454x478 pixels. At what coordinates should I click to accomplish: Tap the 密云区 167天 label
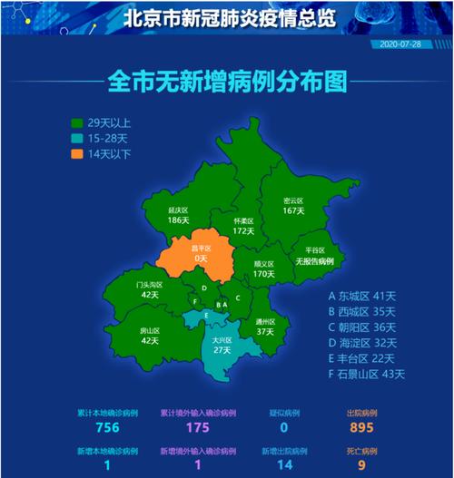[x=292, y=205]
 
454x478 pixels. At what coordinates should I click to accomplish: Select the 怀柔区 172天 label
[x=242, y=225]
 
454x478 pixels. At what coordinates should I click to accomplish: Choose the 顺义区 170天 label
[x=264, y=268]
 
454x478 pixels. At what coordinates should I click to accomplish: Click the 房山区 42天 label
[x=150, y=336]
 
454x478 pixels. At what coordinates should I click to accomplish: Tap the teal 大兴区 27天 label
[x=222, y=344]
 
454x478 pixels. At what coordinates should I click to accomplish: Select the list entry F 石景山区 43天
[x=366, y=373]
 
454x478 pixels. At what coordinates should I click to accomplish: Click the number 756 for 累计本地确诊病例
[x=108, y=428]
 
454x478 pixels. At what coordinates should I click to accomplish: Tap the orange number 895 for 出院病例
[x=361, y=428]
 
